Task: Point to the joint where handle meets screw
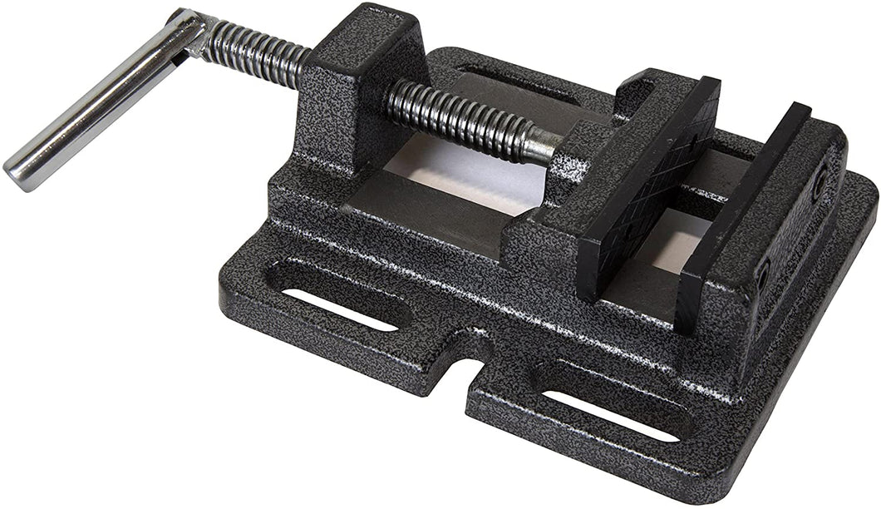(192, 33)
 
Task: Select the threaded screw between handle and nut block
(254, 54)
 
